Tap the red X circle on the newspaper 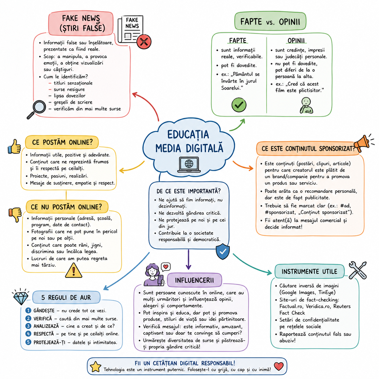(144, 42)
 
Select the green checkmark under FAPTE (239, 105)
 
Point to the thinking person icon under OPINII (306, 105)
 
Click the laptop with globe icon (189, 164)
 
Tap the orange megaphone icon (364, 143)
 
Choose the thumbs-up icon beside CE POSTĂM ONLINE (15, 147)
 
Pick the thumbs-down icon (15, 215)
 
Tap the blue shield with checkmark (223, 251)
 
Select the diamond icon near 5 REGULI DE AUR (21, 297)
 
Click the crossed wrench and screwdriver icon (358, 270)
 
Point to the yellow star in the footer (96, 367)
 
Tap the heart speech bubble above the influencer (166, 267)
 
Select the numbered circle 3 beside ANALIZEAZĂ (28, 326)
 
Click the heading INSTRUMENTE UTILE (309, 272)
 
